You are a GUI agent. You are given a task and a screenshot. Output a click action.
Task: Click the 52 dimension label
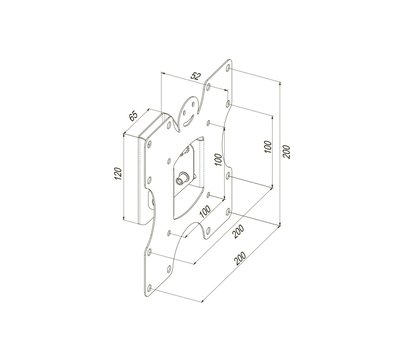click(x=196, y=76)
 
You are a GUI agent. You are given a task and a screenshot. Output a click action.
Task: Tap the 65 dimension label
click(x=133, y=116)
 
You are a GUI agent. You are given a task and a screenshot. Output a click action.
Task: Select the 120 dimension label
click(x=118, y=174)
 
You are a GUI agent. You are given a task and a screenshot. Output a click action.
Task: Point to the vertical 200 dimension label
click(x=287, y=152)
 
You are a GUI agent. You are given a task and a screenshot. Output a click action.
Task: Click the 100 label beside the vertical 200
click(x=268, y=147)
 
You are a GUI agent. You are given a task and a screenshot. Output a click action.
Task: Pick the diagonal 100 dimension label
click(x=205, y=211)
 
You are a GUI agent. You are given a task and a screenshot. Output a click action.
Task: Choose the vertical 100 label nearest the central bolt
click(x=218, y=160)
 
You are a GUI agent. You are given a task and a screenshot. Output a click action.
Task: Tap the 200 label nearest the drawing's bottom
click(x=240, y=258)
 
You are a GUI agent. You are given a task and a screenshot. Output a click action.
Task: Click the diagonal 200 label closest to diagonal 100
click(x=239, y=231)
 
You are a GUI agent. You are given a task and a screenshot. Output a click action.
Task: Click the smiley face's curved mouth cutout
click(x=189, y=121)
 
